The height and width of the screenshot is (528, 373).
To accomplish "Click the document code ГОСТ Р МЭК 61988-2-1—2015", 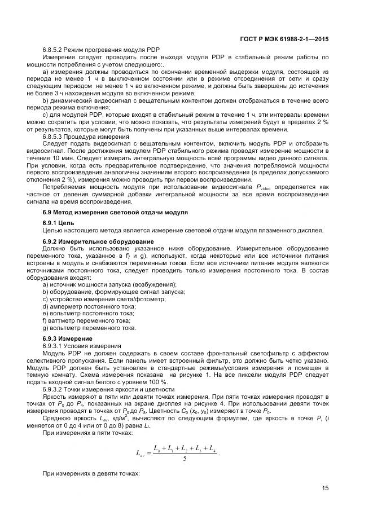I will (x=280, y=39).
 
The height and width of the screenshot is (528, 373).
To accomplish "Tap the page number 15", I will (x=325, y=489).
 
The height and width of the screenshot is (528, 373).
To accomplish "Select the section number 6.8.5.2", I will (x=55, y=50).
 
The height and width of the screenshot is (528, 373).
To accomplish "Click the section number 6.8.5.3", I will (x=55, y=136).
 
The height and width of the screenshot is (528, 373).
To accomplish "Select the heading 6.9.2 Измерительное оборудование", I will (x=90, y=241).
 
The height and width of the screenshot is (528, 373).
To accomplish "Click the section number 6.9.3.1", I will (x=55, y=345).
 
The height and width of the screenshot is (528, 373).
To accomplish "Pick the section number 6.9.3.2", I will (x=55, y=389).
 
